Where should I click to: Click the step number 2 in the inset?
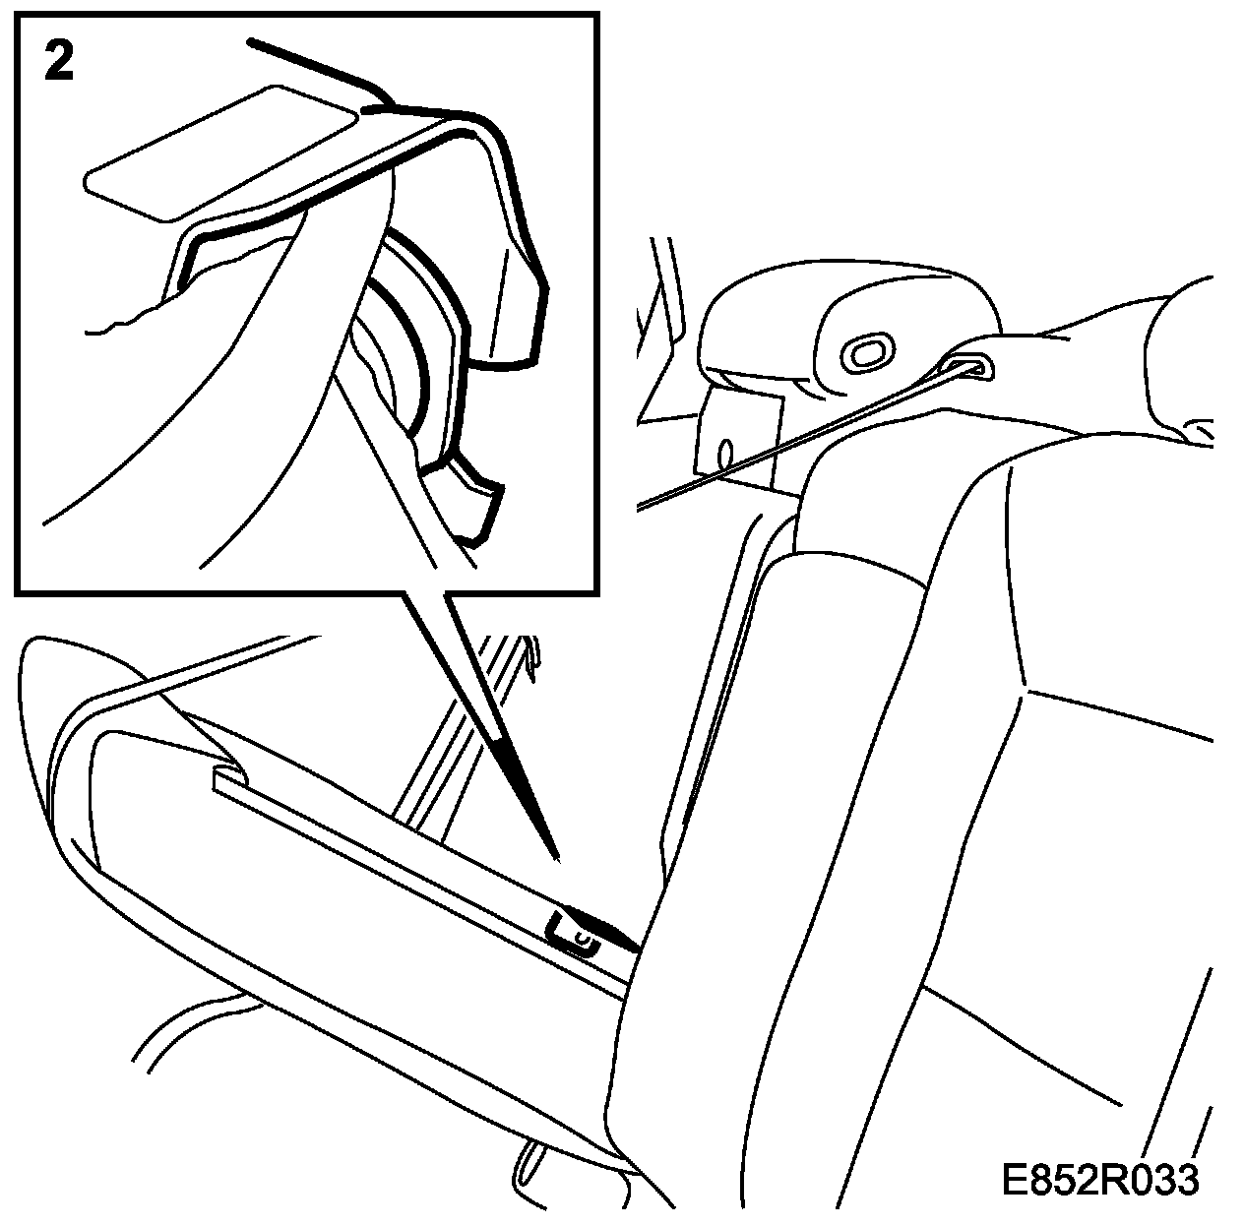[59, 61]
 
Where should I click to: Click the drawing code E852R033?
[1100, 1180]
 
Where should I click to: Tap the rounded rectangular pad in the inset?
[219, 153]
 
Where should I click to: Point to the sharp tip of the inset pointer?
[558, 861]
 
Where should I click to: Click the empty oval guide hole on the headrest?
[868, 352]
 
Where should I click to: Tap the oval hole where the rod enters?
[968, 367]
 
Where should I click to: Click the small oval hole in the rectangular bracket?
[725, 455]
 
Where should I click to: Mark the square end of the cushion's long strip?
[228, 778]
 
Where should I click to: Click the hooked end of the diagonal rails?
[531, 657]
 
